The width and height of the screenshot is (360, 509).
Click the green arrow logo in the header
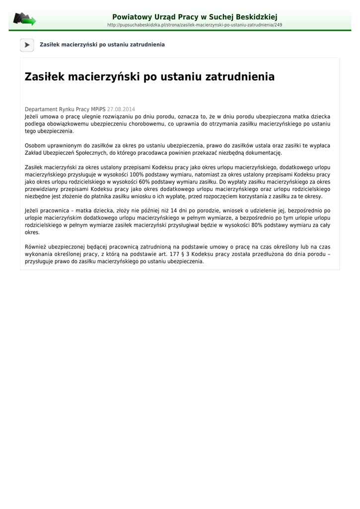24,20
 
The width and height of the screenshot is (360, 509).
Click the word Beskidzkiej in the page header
253,17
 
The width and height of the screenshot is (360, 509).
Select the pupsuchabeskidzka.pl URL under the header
195,25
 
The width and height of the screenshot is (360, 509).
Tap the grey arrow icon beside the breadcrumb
27,45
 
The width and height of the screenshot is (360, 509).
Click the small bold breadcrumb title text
102,45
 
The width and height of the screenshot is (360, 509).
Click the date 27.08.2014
121,109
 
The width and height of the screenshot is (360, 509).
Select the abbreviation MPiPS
98,109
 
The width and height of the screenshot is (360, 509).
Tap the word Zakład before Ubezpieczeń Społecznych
33,153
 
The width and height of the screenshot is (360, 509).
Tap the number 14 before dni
174,211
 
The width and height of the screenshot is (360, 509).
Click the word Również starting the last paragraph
36,247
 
